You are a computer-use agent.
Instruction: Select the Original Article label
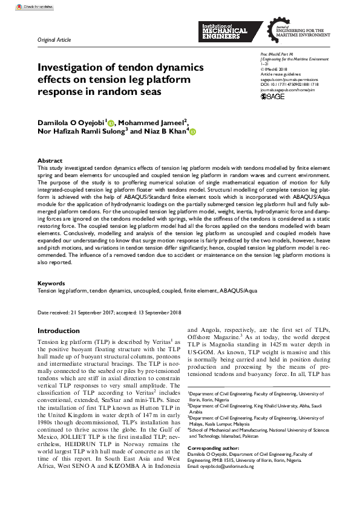(54, 40)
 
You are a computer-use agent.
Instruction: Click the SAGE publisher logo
(272, 97)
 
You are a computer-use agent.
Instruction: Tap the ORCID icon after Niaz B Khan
(192, 132)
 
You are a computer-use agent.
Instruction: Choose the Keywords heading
(51, 283)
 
